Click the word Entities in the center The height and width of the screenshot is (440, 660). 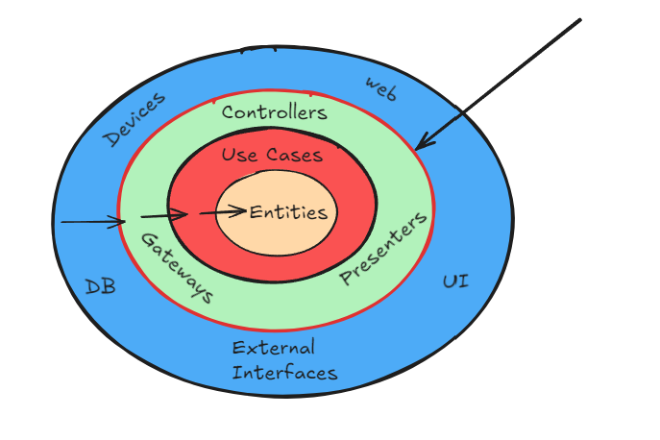tap(288, 213)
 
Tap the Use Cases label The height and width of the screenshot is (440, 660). tap(272, 155)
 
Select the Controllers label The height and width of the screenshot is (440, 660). tap(274, 112)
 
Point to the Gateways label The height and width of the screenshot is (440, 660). tap(177, 268)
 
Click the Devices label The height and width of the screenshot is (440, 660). tap(134, 120)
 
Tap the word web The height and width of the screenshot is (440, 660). tap(380, 87)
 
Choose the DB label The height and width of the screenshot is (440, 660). tap(100, 285)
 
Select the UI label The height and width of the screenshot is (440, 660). tap(455, 281)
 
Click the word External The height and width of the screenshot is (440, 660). tap(273, 348)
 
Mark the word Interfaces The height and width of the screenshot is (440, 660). tap(284, 372)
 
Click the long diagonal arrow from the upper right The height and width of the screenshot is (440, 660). tap(500, 84)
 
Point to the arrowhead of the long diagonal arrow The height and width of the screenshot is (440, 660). tap(420, 145)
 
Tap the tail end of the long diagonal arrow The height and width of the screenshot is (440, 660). tap(579, 20)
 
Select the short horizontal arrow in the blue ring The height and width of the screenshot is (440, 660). tap(92, 223)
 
